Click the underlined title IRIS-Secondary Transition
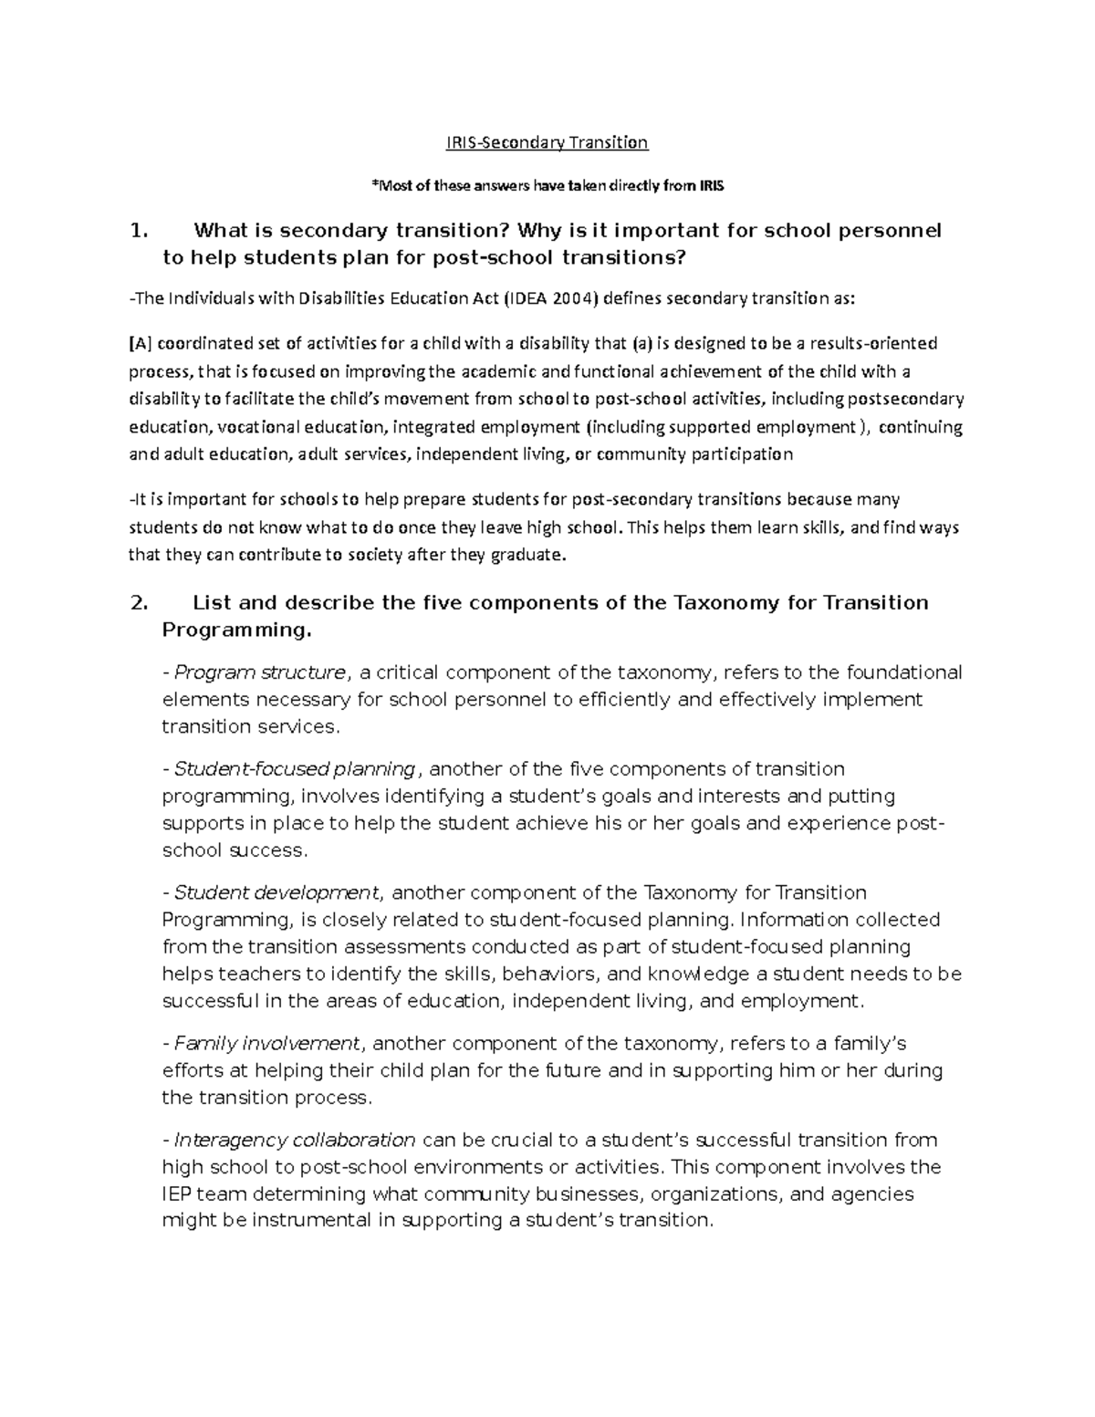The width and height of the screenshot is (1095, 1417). pos(547,142)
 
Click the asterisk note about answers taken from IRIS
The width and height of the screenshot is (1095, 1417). pos(547,187)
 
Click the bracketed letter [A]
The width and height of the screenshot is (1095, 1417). pos(141,344)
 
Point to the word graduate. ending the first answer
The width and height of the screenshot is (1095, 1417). pos(528,554)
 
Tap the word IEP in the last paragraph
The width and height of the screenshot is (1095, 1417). pos(176,1193)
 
